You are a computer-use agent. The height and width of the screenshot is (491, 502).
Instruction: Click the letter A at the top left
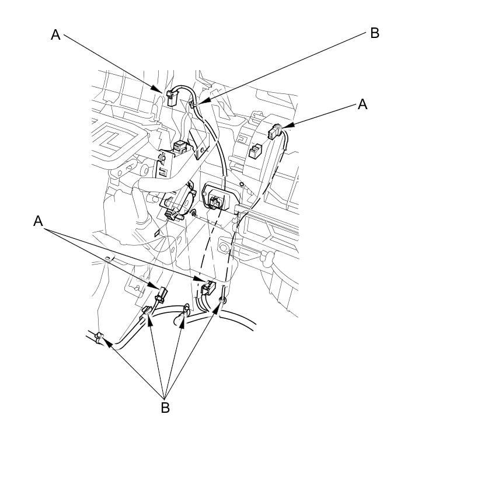(55, 34)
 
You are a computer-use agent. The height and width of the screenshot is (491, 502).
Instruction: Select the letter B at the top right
(375, 33)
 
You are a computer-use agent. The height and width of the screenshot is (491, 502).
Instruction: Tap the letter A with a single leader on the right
(362, 104)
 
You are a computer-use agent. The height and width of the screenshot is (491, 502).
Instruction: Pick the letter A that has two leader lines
(38, 221)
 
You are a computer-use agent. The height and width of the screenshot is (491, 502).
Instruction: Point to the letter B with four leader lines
(165, 408)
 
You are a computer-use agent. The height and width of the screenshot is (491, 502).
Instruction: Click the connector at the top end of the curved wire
(172, 97)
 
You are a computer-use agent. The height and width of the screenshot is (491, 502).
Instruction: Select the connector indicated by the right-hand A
(274, 131)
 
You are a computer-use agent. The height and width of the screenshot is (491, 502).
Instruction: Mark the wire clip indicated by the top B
(193, 105)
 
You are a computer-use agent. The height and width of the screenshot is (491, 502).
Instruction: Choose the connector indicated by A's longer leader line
(208, 287)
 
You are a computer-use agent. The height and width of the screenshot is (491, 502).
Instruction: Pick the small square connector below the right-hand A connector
(255, 151)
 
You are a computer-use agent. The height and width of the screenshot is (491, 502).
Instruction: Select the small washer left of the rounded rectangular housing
(193, 213)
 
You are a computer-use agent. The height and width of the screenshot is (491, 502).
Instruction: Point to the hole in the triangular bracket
(203, 149)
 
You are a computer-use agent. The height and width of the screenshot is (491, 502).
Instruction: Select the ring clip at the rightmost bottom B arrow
(222, 300)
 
